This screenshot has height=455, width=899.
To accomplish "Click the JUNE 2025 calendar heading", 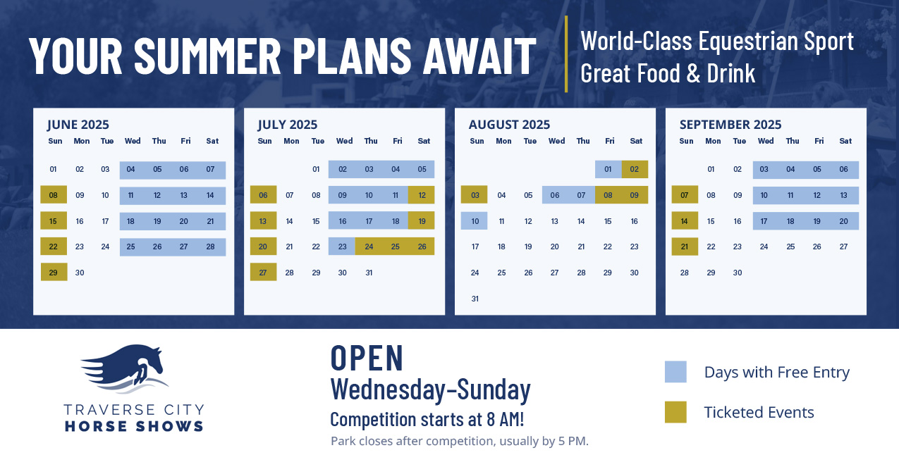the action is click(x=78, y=125).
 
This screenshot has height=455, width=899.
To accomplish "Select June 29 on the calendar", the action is click(x=54, y=272).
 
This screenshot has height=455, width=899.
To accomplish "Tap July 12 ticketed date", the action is click(x=422, y=195).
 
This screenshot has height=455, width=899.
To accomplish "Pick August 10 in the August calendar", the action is click(x=475, y=221).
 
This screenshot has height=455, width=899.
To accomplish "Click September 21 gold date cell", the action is click(x=685, y=247).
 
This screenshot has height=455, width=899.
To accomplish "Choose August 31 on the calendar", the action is click(x=475, y=299).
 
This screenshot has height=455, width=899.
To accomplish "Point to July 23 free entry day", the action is click(x=342, y=247).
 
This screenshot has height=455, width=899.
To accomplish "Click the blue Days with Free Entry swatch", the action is click(x=675, y=372).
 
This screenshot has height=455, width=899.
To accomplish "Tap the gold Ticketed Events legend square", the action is click(x=675, y=412).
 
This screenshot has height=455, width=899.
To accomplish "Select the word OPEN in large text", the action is click(x=367, y=357).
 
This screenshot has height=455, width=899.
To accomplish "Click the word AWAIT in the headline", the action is click(x=479, y=56).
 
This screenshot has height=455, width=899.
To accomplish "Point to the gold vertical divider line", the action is click(x=566, y=54).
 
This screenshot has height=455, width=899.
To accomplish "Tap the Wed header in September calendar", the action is click(x=766, y=141).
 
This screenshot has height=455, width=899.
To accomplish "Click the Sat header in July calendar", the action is click(x=424, y=141).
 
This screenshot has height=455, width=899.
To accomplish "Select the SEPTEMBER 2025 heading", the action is click(x=730, y=125).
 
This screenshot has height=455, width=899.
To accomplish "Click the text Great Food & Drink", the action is click(x=668, y=73).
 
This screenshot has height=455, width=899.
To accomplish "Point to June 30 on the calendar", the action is click(x=80, y=273).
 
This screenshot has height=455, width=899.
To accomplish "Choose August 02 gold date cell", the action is click(x=635, y=169).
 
